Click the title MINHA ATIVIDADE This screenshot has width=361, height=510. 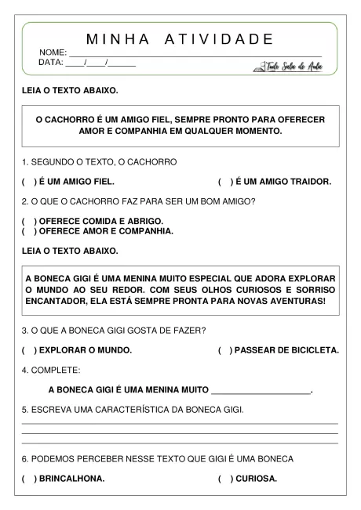[180, 39]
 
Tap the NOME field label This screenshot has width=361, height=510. [53, 52]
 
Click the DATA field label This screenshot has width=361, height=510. [52, 63]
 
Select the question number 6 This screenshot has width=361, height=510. [24, 458]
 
